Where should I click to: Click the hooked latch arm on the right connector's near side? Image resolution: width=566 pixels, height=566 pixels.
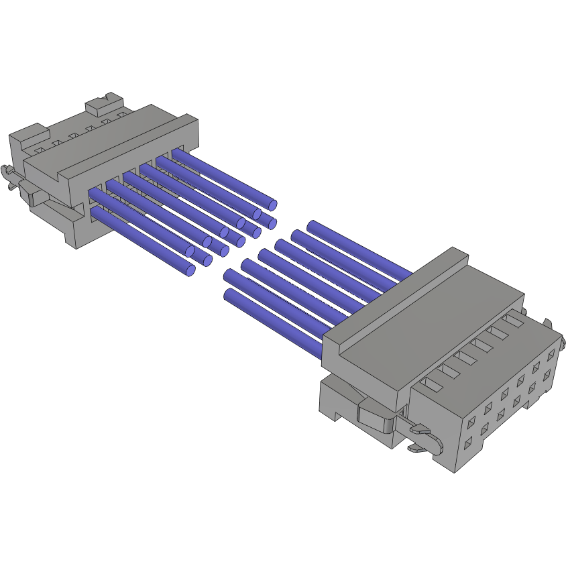coord(429,439)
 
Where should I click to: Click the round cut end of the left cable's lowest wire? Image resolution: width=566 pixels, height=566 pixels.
coord(190,270)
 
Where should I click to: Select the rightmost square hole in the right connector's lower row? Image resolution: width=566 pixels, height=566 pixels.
coord(549,374)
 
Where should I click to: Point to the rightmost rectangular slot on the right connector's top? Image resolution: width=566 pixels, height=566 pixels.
coord(514,321)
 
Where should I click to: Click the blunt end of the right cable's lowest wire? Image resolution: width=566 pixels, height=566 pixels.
coord(228,296)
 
